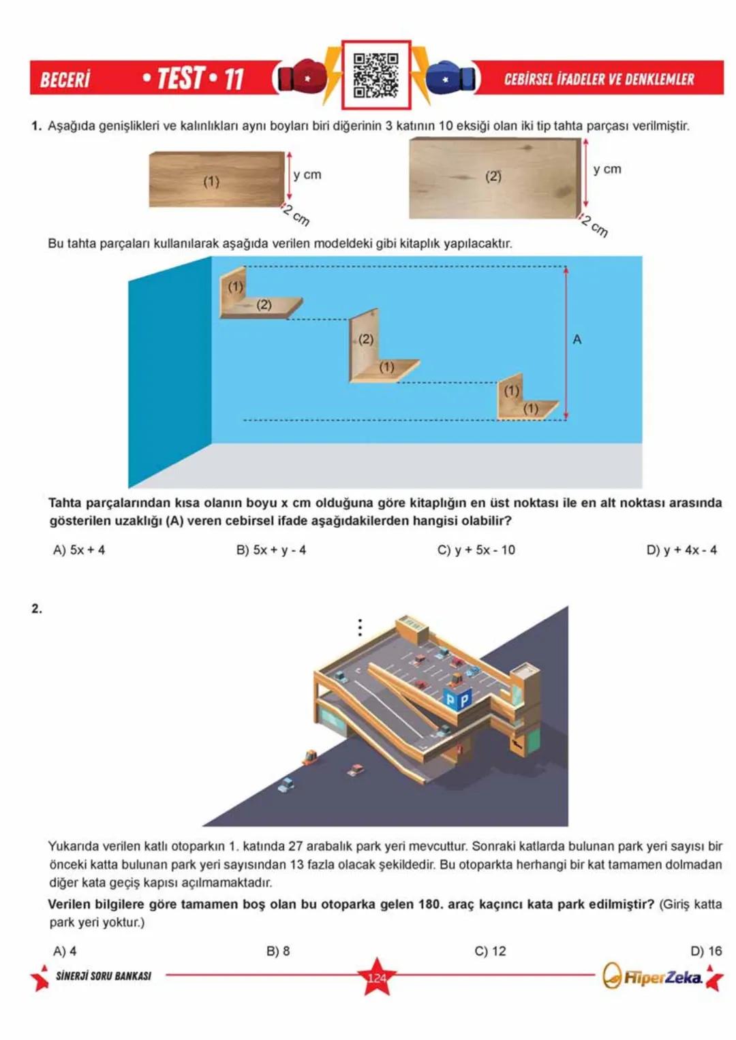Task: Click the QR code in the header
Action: click(375, 76)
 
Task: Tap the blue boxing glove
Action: click(449, 78)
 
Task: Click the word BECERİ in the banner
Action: click(65, 80)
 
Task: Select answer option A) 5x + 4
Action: click(79, 550)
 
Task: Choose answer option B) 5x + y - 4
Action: click(271, 550)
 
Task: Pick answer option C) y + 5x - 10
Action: click(476, 550)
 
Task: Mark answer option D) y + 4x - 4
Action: click(681, 550)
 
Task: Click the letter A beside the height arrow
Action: click(577, 339)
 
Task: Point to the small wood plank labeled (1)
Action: click(216, 180)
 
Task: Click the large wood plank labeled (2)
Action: click(494, 178)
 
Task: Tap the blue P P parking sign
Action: click(457, 699)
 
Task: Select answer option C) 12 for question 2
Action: click(490, 951)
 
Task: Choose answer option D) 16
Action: click(705, 951)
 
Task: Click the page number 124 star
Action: click(376, 978)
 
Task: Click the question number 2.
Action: click(37, 608)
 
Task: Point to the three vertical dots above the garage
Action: click(360, 627)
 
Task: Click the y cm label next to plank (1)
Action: click(307, 174)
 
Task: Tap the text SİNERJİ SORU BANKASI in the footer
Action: click(103, 976)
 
